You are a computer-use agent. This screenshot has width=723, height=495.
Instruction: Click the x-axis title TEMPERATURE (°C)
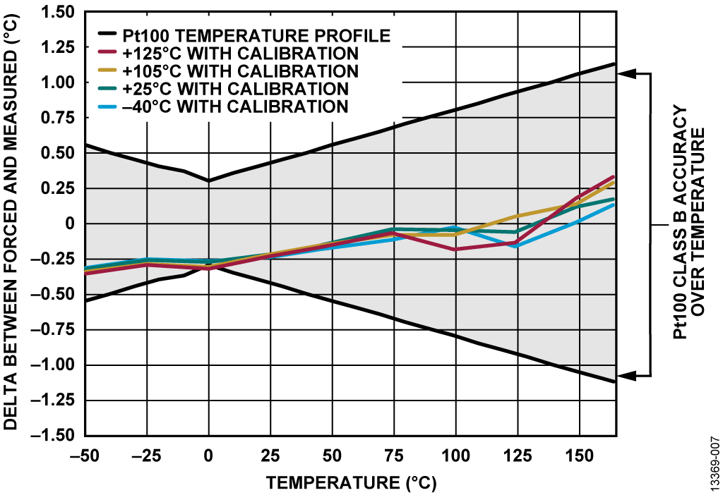[x=351, y=483]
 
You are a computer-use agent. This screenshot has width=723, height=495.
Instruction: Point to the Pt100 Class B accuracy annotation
[x=689, y=224]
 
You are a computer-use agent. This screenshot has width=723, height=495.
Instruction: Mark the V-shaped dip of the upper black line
[x=208, y=181]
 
